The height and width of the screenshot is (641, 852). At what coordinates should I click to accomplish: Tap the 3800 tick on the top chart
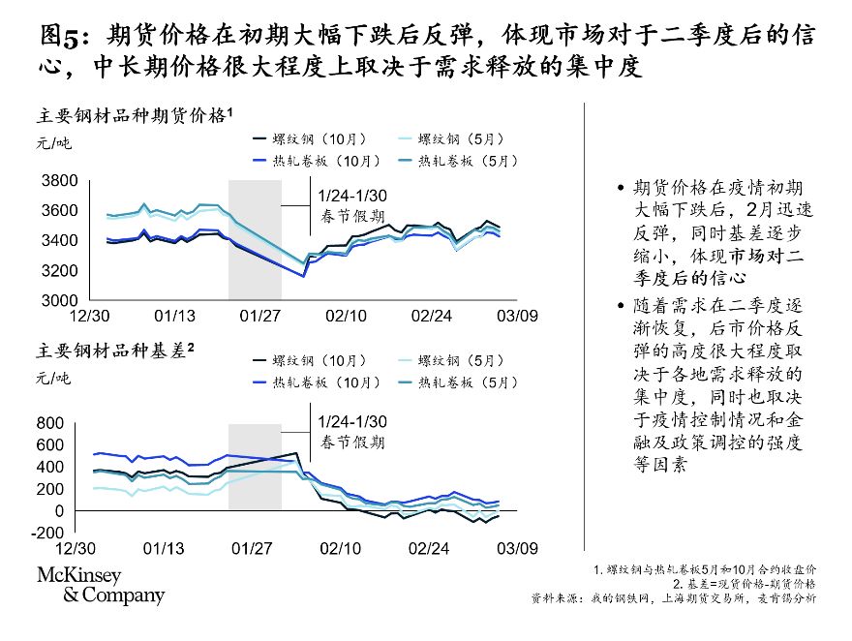click(59, 181)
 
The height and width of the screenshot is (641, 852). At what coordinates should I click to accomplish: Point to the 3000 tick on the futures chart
click(59, 300)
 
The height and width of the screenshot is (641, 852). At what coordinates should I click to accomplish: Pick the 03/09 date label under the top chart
click(517, 316)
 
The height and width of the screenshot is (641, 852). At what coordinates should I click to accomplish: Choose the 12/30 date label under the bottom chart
click(88, 549)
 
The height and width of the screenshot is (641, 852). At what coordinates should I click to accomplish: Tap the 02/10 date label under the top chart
click(346, 316)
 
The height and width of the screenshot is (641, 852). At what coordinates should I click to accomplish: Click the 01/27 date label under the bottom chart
click(255, 549)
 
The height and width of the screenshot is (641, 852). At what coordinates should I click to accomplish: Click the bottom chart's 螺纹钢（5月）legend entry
click(462, 360)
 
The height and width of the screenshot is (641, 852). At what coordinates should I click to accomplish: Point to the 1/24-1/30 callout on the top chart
click(352, 197)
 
